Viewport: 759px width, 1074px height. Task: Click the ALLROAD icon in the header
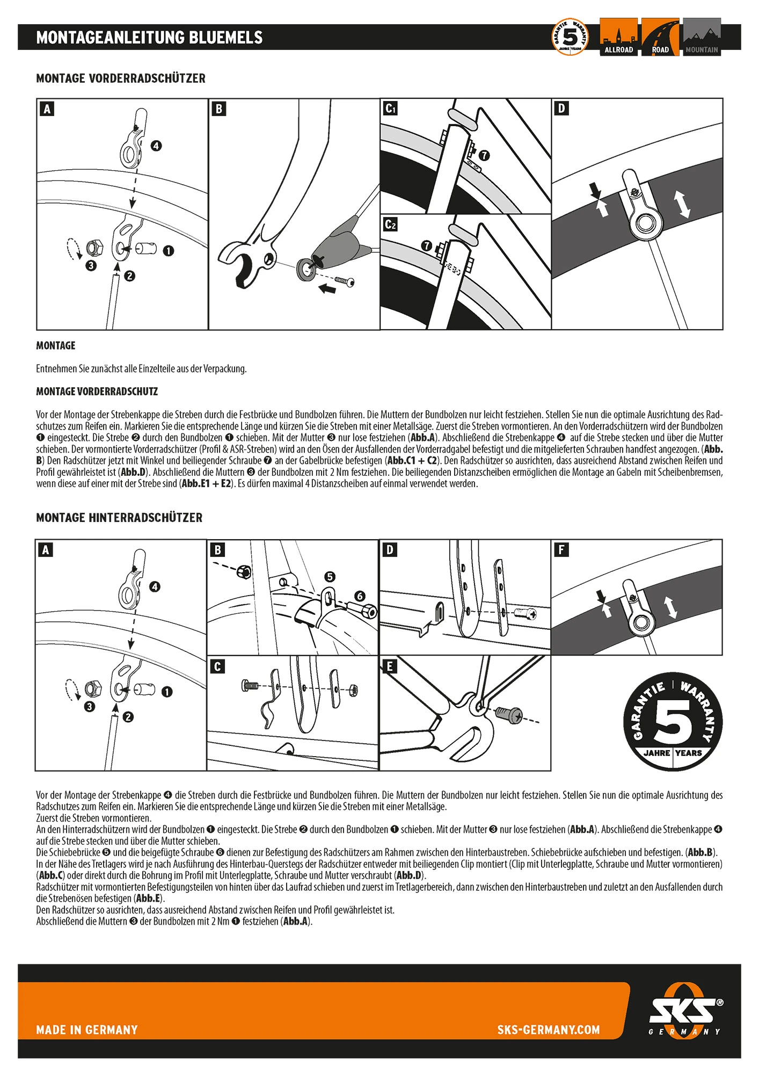coord(618,37)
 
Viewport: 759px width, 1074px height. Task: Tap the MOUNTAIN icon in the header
coord(702,37)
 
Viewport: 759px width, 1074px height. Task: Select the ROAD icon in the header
coord(660,37)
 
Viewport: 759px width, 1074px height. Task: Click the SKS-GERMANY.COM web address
coord(548,1029)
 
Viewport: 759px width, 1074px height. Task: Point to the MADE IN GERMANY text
coord(87,1029)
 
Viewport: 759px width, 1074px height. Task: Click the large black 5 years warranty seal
coord(672,721)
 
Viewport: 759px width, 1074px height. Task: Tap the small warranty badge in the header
coord(570,37)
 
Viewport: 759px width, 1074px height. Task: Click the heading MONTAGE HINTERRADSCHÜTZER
coord(119,518)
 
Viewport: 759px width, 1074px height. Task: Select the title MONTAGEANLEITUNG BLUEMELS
coord(149,37)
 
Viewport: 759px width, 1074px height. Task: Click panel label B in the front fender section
coord(218,109)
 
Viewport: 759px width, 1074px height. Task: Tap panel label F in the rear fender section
coord(561,550)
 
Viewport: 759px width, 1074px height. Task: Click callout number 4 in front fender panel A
coord(156,146)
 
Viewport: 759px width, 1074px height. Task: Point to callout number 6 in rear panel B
coord(360,596)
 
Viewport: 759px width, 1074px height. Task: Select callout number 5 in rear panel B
coord(330,577)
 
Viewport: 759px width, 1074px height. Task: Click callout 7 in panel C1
coord(484,155)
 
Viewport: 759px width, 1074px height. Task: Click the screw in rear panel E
coord(507,715)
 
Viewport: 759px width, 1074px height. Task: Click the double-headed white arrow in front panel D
coord(682,204)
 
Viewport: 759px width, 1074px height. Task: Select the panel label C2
coord(390,224)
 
